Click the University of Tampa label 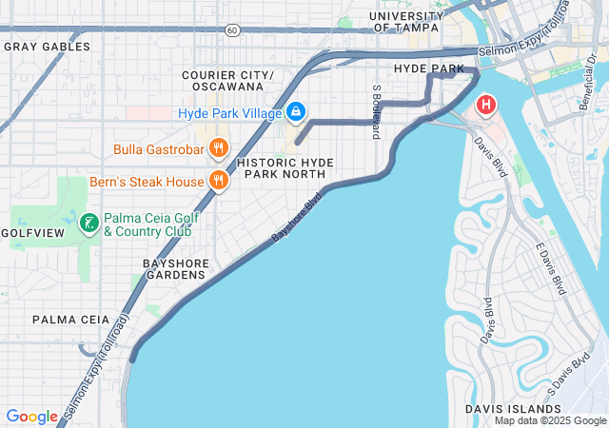(x=405, y=22)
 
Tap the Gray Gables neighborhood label (x=47, y=46)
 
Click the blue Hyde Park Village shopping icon (x=296, y=113)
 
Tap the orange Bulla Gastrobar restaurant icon (x=219, y=148)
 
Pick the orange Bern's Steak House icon (x=219, y=181)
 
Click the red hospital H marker (x=486, y=105)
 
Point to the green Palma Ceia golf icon (x=88, y=224)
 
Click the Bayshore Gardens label (x=174, y=268)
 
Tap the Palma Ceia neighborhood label (x=69, y=320)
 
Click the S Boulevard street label (x=377, y=112)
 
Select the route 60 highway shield (x=232, y=30)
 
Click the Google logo (x=31, y=417)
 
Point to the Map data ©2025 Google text (x=549, y=420)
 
